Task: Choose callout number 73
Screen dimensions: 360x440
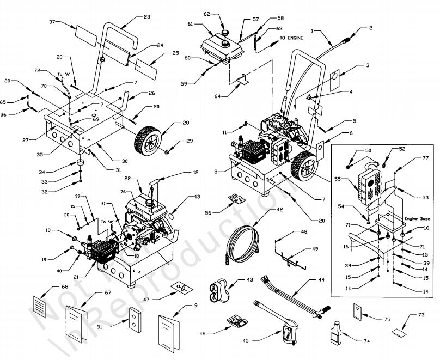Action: [x=421, y=315]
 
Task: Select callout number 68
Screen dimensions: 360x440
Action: [x=50, y=287]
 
